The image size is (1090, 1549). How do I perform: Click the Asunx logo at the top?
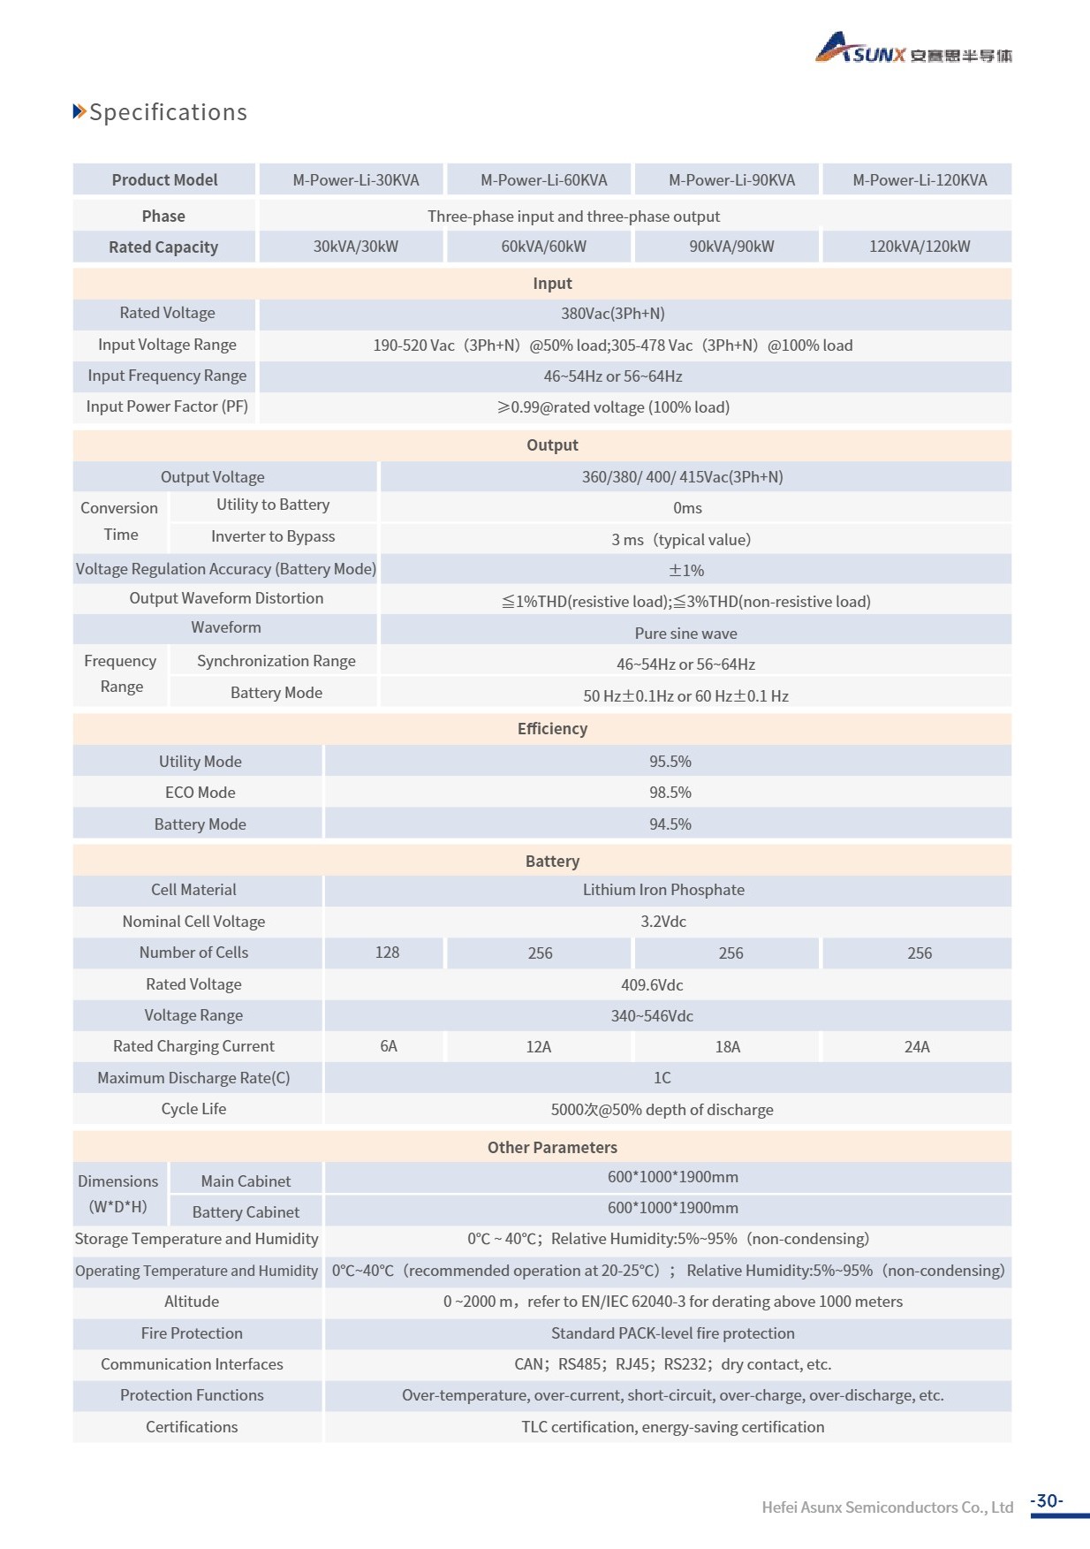point(912,49)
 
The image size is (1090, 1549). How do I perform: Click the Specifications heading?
point(168,112)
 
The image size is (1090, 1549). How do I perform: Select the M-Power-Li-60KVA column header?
point(543,180)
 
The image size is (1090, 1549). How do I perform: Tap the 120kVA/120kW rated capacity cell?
point(919,247)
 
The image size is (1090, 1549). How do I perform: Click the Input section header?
point(552,284)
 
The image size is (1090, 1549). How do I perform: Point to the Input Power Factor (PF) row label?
point(167,406)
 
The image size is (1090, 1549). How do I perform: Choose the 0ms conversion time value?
point(687,508)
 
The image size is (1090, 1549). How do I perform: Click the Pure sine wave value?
point(685,634)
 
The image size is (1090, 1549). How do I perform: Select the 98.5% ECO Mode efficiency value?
point(670,793)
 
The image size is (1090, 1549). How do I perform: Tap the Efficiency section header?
point(552,729)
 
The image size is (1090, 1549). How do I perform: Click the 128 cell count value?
point(387,953)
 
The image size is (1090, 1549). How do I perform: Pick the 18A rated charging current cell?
point(727,1047)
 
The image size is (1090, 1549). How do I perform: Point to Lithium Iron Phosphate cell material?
point(663,890)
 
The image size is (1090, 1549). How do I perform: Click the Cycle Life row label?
point(193,1109)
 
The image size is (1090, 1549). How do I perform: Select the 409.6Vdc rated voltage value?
point(652,984)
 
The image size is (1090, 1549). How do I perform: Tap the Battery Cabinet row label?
point(246,1212)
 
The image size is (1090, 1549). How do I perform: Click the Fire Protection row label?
point(192,1333)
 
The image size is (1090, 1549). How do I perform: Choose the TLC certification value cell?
point(672,1427)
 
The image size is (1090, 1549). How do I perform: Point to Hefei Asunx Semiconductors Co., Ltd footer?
point(887,1507)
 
